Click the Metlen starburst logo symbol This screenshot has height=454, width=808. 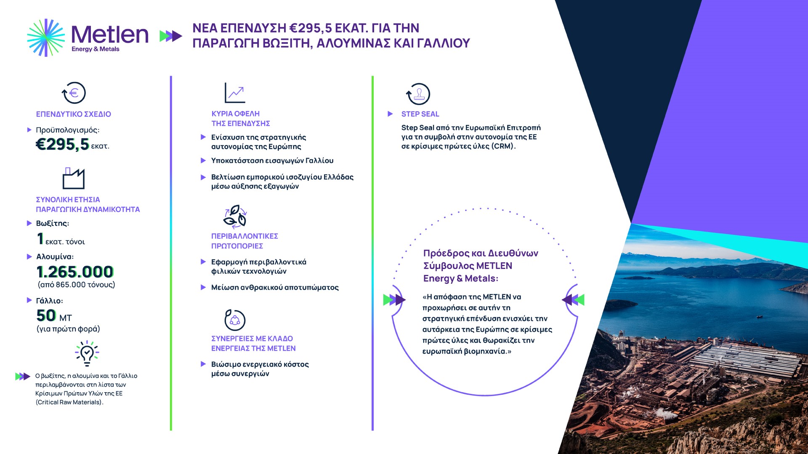pos(46,37)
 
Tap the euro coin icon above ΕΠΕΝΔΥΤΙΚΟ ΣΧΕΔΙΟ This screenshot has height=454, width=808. pos(74,93)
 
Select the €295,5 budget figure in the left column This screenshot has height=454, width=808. pos(62,145)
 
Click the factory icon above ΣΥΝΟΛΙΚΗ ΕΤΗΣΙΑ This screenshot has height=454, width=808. pos(74,179)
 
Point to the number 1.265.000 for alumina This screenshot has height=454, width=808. pos(75,272)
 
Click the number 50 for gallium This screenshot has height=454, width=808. pos(46,315)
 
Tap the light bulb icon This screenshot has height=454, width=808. pos(87,354)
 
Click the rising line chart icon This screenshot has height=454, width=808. pos(235,93)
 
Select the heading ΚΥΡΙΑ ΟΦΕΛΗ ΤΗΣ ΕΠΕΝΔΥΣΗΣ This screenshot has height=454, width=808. pos(241,119)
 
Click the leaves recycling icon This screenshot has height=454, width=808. pos(235,216)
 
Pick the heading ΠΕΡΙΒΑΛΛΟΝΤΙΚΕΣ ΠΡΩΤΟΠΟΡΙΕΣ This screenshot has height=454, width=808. pos(245,241)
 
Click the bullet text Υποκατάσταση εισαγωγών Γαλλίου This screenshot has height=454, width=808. pos(272,161)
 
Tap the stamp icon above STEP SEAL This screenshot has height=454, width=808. pos(418,94)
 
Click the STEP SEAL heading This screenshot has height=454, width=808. pos(420,114)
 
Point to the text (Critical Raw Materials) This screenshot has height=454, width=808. pos(69,402)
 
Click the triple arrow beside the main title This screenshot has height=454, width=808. pos(171,36)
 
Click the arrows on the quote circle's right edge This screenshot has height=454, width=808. pos(573,300)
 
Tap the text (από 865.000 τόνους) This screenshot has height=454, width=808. pos(76,285)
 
